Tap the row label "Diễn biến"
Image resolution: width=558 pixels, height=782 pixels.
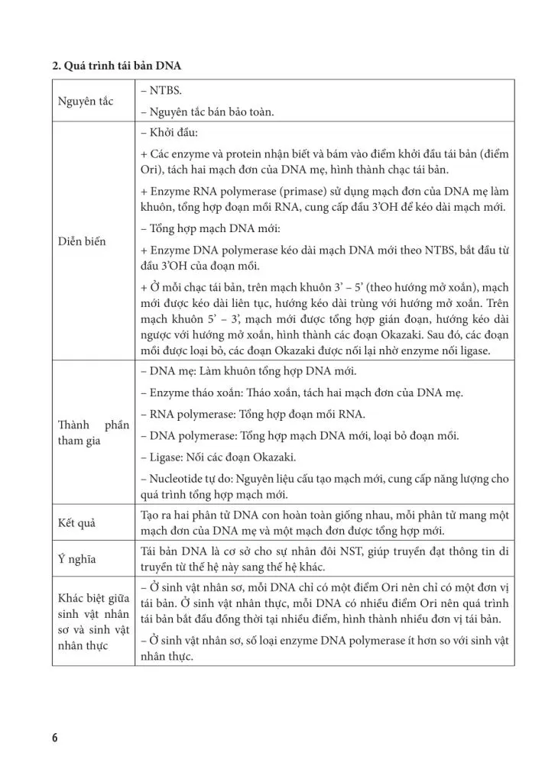tap(82, 241)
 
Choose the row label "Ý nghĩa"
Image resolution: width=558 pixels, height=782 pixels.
tap(77, 559)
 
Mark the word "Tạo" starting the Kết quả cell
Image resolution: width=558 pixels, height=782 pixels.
tap(153, 515)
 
